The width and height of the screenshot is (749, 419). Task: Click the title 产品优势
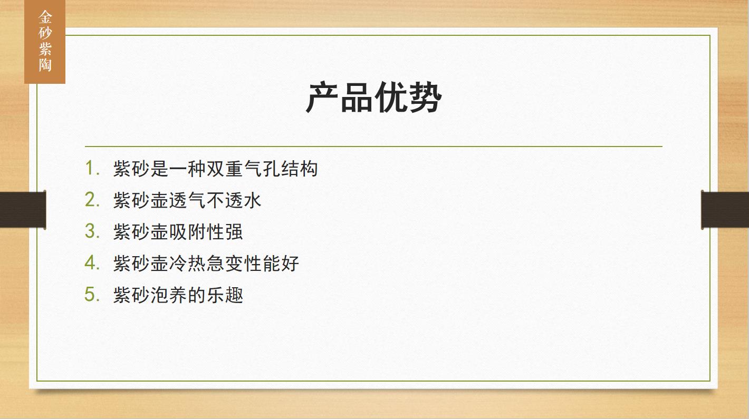pyautogui.click(x=374, y=97)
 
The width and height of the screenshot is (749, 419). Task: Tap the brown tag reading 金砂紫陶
pyautogui.click(x=45, y=42)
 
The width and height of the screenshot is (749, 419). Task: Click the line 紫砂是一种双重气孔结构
pyautogui.click(x=215, y=169)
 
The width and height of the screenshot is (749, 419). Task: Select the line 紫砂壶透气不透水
pyautogui.click(x=187, y=200)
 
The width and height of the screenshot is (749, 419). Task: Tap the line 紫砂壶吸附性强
pyautogui.click(x=178, y=231)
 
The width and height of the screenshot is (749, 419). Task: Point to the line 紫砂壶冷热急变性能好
pyautogui.click(x=206, y=264)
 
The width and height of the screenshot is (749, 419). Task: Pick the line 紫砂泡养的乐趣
pyautogui.click(x=178, y=295)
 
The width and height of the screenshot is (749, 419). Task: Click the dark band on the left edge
pyautogui.click(x=23, y=210)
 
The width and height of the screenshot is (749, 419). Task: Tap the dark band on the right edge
pyautogui.click(x=725, y=210)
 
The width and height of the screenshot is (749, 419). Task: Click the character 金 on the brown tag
pyautogui.click(x=45, y=17)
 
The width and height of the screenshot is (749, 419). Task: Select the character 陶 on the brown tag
pyautogui.click(x=45, y=65)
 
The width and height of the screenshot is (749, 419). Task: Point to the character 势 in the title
pyautogui.click(x=425, y=97)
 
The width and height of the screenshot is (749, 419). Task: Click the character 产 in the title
pyautogui.click(x=322, y=97)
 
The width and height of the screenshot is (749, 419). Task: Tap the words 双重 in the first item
pyautogui.click(x=225, y=169)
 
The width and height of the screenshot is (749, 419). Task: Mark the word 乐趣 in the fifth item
pyautogui.click(x=225, y=295)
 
